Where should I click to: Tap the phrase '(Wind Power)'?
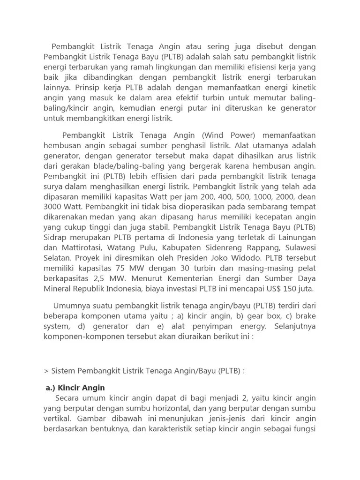coord(229,135)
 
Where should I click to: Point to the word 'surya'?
coord(53,186)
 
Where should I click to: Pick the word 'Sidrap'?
coord(56,238)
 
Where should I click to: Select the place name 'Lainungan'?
coord(296,238)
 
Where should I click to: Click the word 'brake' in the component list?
coord(305,315)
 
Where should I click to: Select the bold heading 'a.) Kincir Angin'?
coord(75,388)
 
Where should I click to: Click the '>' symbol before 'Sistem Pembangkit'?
coord(46,371)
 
